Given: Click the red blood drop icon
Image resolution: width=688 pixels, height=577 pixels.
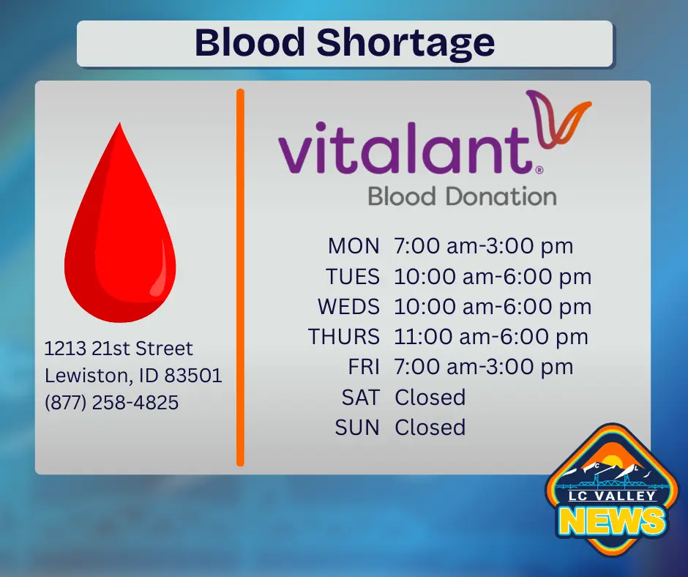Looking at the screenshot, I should [120, 227].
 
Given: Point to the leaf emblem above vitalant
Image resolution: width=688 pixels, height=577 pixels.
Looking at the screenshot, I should [559, 117].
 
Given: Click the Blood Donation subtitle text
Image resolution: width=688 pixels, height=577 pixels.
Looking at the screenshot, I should [462, 196].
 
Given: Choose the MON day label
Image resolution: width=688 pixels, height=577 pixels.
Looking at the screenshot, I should [354, 246].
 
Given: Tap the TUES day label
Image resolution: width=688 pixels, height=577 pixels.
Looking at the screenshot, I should [353, 276].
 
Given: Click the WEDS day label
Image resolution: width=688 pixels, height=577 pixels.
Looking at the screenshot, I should [348, 306].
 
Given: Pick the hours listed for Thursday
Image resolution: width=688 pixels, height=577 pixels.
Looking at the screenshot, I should [491, 337].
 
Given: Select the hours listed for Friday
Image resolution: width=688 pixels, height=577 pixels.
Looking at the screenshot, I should [484, 367].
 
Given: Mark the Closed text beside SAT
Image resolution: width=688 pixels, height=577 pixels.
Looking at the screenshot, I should [430, 398].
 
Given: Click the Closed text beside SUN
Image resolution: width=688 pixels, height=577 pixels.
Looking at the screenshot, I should [430, 428].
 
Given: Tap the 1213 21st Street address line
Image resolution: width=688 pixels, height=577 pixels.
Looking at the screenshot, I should [119, 349].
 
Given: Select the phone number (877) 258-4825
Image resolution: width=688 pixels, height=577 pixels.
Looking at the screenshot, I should [112, 402].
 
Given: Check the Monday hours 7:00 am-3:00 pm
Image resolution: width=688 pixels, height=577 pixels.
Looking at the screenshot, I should [484, 246].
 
